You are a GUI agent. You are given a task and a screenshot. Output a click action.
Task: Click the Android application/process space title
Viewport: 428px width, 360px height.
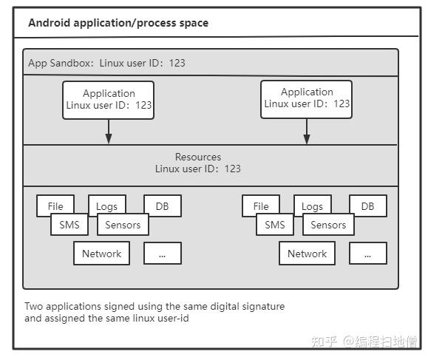tap(118, 23)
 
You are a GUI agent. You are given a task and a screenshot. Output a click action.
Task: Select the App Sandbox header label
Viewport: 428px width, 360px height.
tap(106, 63)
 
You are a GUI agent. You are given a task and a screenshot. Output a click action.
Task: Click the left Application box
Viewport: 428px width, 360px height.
tap(109, 100)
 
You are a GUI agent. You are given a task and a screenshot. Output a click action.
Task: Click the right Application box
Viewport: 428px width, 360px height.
tap(307, 98)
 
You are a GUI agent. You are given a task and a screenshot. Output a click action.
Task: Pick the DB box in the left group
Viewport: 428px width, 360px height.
tap(163, 206)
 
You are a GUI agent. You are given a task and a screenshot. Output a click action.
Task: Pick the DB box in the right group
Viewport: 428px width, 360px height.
tap(367, 206)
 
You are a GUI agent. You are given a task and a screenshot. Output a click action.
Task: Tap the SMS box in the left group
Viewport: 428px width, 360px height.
tap(69, 225)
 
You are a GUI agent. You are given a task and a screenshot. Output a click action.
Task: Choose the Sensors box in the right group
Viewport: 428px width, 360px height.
tap(328, 225)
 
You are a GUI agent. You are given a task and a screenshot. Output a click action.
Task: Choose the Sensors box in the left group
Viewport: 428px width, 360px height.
tap(123, 225)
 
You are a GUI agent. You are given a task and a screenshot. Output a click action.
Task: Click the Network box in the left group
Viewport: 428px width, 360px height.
tap(101, 254)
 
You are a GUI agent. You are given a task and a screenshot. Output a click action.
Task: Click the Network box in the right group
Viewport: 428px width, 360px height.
tap(307, 254)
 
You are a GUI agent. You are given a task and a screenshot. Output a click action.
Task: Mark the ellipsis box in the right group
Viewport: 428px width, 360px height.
tap(367, 254)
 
